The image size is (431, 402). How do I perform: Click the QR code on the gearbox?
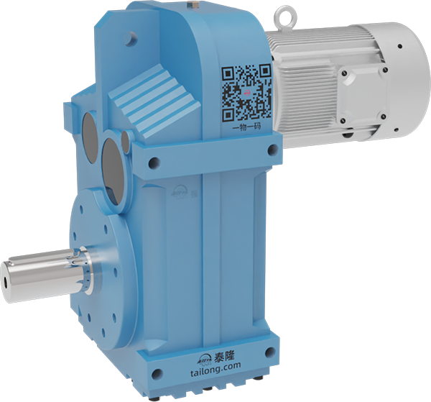247,93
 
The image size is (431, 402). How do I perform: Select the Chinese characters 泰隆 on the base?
224,356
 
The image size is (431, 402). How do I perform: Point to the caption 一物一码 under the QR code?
246,127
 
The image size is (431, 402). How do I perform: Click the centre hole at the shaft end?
6,283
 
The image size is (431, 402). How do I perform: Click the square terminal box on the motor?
363,93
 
